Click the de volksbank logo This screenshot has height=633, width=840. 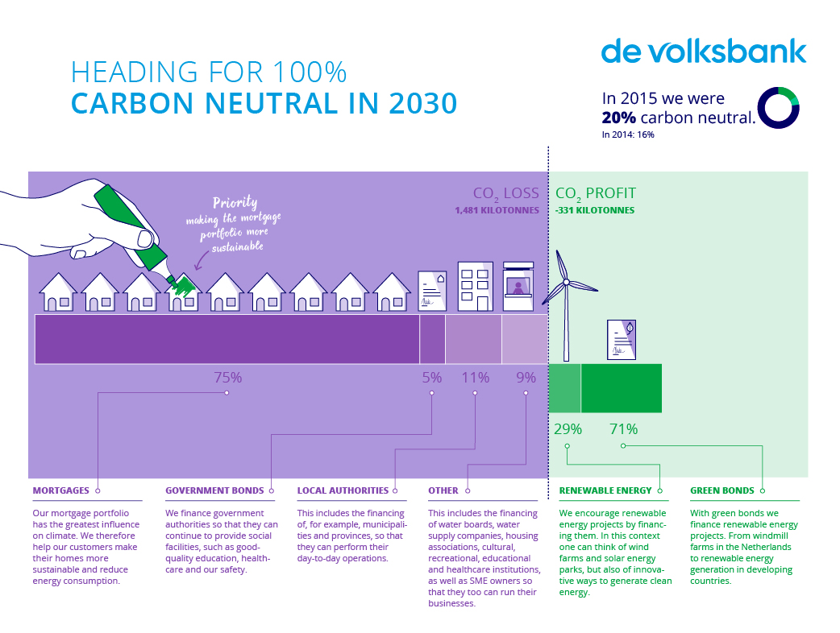pyautogui.click(x=703, y=51)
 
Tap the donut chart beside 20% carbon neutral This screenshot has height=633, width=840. pyautogui.click(x=778, y=107)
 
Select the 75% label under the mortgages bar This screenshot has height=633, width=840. pyautogui.click(x=227, y=377)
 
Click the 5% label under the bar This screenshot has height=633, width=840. pyautogui.click(x=432, y=377)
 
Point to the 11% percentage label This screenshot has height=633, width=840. pyautogui.click(x=476, y=377)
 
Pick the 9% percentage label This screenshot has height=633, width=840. pyautogui.click(x=526, y=377)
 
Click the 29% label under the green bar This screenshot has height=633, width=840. pyautogui.click(x=568, y=429)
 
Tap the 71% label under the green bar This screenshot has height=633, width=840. pyautogui.click(x=623, y=429)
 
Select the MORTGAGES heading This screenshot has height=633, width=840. pyautogui.click(x=61, y=490)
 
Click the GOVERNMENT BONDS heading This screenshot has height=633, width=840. pyautogui.click(x=214, y=490)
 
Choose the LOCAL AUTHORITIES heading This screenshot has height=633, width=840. pyautogui.click(x=343, y=490)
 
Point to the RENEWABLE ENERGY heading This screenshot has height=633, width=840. pyautogui.click(x=605, y=490)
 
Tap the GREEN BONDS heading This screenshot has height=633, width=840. pyautogui.click(x=722, y=490)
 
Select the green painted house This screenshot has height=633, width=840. pyautogui.click(x=184, y=292)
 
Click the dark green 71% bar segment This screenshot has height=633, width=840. pyautogui.click(x=621, y=388)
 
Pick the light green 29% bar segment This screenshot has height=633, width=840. pyautogui.click(x=564, y=388)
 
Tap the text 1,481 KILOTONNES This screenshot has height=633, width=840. pyautogui.click(x=497, y=210)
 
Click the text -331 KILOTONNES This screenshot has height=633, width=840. pyautogui.click(x=595, y=210)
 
